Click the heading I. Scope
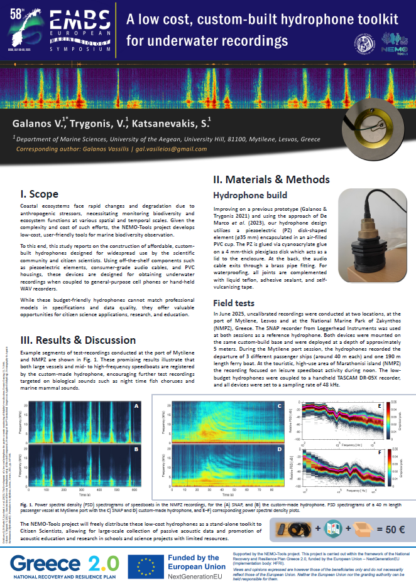pos(40,193)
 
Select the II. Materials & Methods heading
pos(271,179)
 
